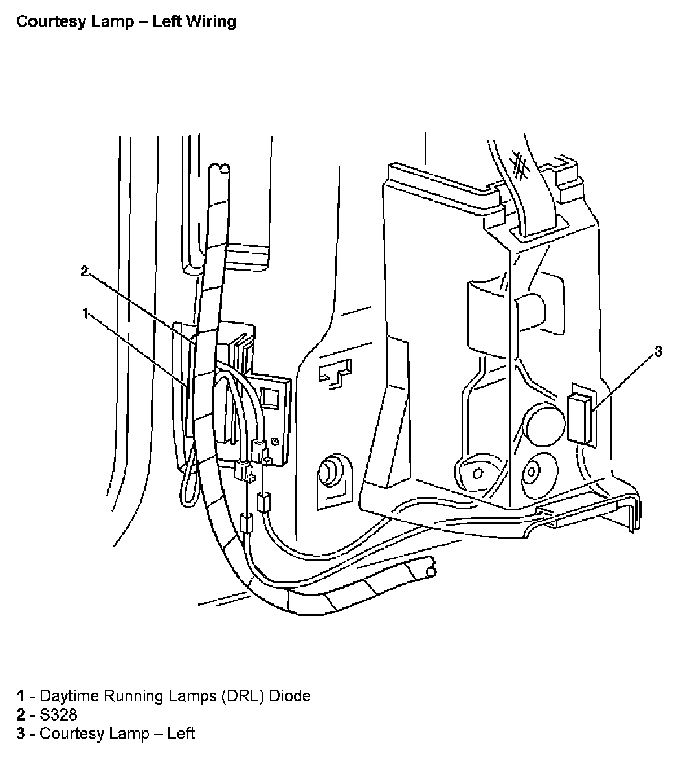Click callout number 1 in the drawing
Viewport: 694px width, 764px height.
pos(85,313)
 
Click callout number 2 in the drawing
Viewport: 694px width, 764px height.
pos(84,271)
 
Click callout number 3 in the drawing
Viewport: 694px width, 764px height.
pos(658,352)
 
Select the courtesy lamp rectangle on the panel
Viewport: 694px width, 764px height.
pos(580,418)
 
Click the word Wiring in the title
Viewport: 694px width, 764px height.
pos(212,21)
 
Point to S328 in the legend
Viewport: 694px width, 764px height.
pos(58,715)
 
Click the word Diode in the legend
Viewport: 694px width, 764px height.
pos(289,696)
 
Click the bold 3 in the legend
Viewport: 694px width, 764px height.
pos(21,734)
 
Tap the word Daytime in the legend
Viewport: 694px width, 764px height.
pos(67,696)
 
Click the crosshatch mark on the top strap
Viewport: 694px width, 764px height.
pos(519,164)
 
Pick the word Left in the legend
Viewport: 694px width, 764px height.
pos(181,734)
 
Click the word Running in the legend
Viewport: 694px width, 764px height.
pos(127,696)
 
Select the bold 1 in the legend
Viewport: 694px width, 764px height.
pos(21,696)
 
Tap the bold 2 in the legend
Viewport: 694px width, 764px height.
pos(21,715)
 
